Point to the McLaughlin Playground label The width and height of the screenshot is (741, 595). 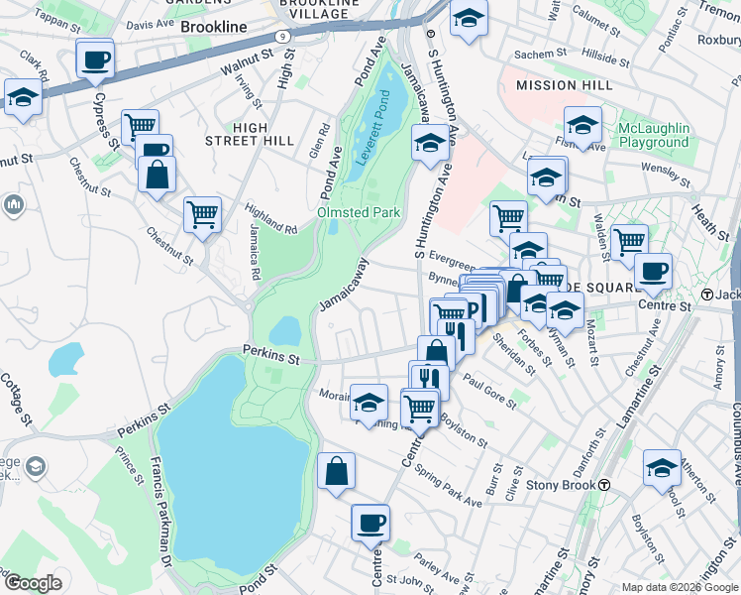tap(653, 136)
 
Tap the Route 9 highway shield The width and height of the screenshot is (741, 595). tap(283, 36)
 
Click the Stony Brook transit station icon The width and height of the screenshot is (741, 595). tap(603, 485)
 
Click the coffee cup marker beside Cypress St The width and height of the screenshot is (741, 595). tap(95, 60)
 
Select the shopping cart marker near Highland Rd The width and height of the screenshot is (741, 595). tap(202, 213)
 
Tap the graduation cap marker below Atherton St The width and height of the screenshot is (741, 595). tap(662, 469)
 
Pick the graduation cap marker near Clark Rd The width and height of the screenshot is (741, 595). tap(22, 98)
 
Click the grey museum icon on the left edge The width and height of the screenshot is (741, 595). tap(13, 206)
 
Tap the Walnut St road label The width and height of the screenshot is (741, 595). tap(247, 66)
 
